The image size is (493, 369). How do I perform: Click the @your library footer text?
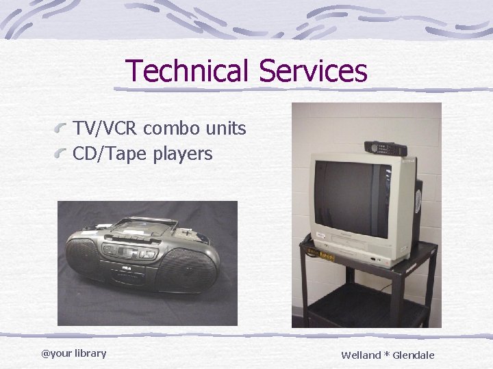click(73, 353)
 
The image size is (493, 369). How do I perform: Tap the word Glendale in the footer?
click(413, 355)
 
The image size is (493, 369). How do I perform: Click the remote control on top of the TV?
click(385, 148)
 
